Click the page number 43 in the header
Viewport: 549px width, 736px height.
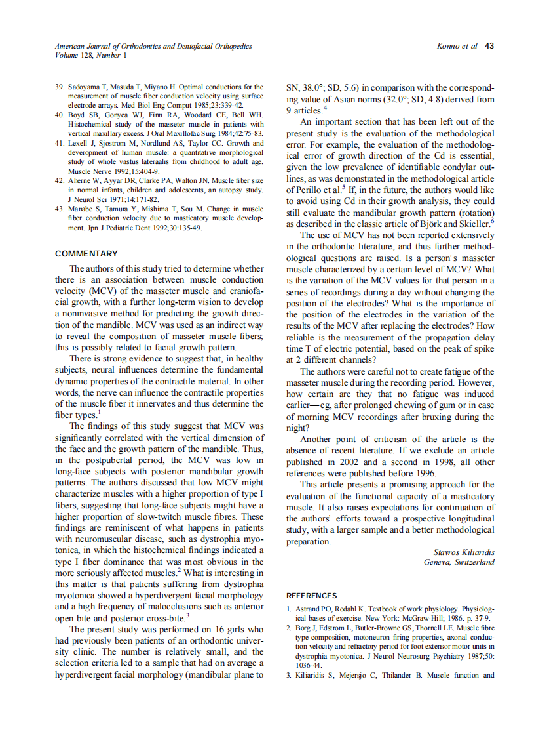click(489, 46)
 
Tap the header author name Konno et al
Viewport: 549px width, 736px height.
click(457, 46)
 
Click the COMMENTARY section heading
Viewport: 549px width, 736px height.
click(86, 254)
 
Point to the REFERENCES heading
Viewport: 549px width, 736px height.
click(312, 596)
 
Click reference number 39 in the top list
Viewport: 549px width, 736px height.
click(60, 87)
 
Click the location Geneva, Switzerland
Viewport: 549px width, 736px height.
click(459, 562)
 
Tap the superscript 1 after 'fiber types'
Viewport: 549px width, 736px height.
click(100, 413)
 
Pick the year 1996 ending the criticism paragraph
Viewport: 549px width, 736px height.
click(425, 473)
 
